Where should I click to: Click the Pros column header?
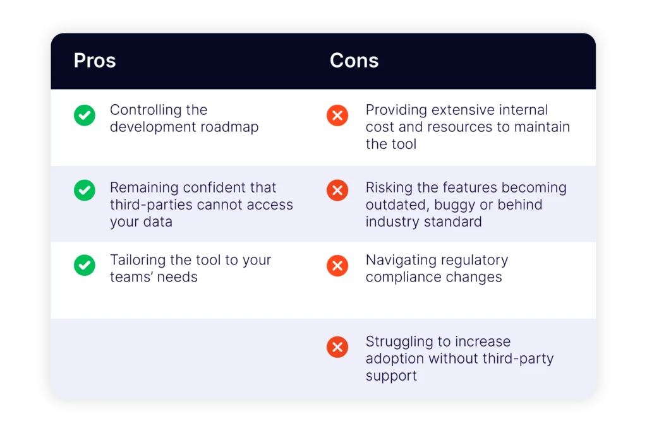[x=95, y=61]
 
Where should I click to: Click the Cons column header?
[x=354, y=61]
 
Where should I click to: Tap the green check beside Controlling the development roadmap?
[x=85, y=116]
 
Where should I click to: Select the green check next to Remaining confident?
[x=85, y=190]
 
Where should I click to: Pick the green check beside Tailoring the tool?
[x=85, y=265]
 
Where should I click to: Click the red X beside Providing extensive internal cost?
[x=337, y=116]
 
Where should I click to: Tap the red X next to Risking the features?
[x=337, y=190]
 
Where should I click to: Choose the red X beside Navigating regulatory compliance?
[x=337, y=265]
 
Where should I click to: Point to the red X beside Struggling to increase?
[x=337, y=346]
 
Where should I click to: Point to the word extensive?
[x=445, y=110]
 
